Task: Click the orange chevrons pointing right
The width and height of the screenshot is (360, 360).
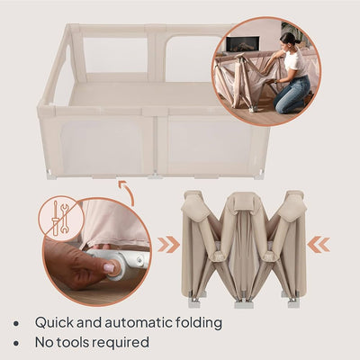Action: pyautogui.click(x=167, y=244)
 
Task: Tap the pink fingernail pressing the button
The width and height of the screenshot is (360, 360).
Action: pyautogui.click(x=111, y=267)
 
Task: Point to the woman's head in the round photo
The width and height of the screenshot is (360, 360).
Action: pyautogui.click(x=289, y=40)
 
